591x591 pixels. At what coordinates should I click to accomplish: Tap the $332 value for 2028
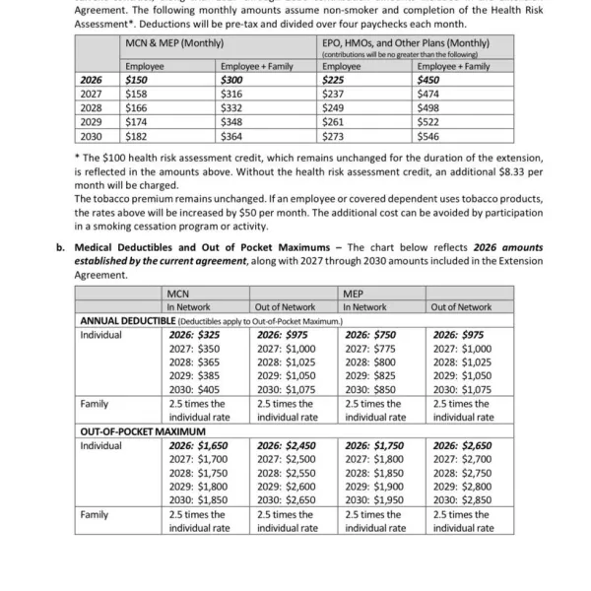(x=232, y=108)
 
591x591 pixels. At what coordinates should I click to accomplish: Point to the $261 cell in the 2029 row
(x=334, y=123)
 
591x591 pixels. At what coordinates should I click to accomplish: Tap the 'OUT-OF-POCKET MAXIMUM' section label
(x=142, y=431)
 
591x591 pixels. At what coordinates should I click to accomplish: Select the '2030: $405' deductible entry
(x=194, y=389)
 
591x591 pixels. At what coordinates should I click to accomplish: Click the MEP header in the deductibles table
(x=353, y=294)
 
